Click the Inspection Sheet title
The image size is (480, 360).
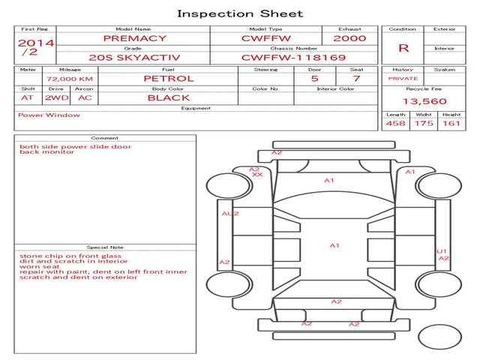pyautogui.click(x=240, y=13)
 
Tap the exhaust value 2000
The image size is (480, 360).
pyautogui.click(x=349, y=37)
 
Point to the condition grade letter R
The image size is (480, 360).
pyautogui.click(x=403, y=47)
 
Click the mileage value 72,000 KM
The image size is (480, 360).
pyautogui.click(x=69, y=78)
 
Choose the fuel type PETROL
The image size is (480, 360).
pyautogui.click(x=168, y=78)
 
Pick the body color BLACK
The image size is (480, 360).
pyautogui.click(x=168, y=97)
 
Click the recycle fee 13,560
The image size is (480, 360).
pyautogui.click(x=424, y=100)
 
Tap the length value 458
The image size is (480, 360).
pyautogui.click(x=395, y=123)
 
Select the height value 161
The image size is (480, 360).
pyautogui.click(x=451, y=123)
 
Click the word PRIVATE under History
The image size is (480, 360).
pyautogui.click(x=403, y=78)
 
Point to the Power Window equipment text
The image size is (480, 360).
pyautogui.click(x=49, y=115)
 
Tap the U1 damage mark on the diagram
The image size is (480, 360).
pyautogui.click(x=442, y=251)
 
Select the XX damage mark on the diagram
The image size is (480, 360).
pyautogui.click(x=257, y=175)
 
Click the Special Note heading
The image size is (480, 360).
pyautogui.click(x=104, y=247)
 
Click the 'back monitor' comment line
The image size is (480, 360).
pyautogui.click(x=46, y=152)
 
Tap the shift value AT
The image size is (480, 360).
pyautogui.click(x=28, y=97)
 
